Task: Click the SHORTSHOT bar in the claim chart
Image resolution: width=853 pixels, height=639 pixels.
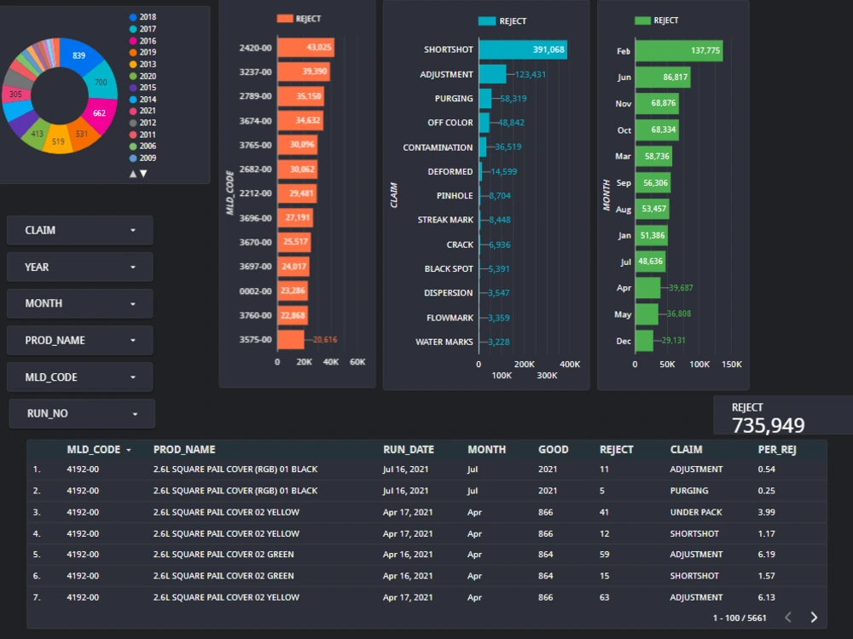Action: [522, 50]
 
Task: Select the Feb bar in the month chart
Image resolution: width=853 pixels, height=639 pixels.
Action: [678, 51]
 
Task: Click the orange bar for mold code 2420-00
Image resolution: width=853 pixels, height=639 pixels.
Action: [305, 48]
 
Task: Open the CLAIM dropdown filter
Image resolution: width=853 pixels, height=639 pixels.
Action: [80, 230]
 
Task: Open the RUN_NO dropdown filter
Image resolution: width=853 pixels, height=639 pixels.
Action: [82, 414]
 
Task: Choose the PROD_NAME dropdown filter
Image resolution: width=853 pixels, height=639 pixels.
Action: [80, 341]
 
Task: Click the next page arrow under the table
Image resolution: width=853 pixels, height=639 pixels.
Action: [814, 618]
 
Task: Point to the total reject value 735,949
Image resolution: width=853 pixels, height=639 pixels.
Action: [768, 425]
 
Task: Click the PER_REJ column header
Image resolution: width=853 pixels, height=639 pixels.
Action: [776, 450]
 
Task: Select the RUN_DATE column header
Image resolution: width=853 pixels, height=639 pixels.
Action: [409, 450]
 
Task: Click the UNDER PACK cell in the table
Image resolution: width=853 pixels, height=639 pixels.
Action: [696, 513]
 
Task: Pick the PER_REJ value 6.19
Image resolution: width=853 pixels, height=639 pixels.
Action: [766, 555]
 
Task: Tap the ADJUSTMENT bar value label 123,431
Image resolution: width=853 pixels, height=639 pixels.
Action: [530, 75]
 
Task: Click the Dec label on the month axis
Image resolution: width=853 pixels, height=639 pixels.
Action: [624, 342]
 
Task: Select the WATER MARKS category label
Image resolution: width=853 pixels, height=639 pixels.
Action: [444, 343]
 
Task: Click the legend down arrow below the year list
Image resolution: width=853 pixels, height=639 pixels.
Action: [143, 174]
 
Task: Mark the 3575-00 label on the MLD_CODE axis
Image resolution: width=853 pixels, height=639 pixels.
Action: [256, 340]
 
